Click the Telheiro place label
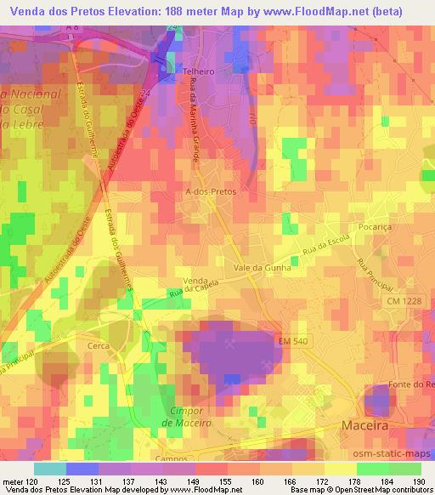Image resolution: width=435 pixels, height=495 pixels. (x=198, y=73)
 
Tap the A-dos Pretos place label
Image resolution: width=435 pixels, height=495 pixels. (x=210, y=192)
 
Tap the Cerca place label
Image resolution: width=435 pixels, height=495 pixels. (x=99, y=347)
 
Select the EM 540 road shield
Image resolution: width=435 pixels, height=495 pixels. (x=291, y=342)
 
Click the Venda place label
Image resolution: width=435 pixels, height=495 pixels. (x=196, y=280)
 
